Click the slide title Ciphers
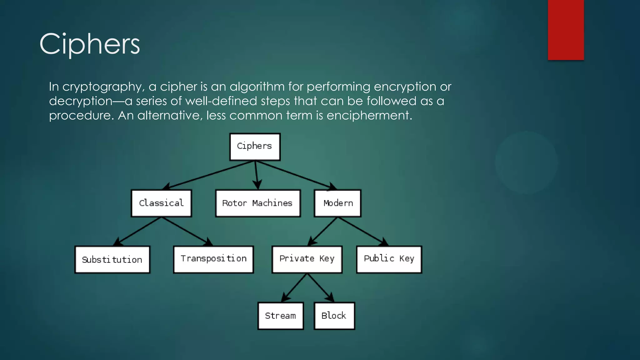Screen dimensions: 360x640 (90, 44)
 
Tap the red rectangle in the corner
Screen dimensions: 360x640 (566, 30)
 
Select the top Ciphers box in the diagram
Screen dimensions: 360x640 (255, 147)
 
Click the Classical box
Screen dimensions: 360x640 (161, 203)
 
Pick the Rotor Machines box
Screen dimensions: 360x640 (258, 203)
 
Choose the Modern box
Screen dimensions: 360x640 (337, 203)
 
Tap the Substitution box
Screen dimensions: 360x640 (112, 259)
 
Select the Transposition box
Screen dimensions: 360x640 (213, 259)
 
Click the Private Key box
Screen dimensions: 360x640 (307, 259)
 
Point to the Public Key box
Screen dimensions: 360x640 (389, 259)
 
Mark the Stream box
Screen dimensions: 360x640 (281, 316)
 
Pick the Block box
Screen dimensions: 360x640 (334, 316)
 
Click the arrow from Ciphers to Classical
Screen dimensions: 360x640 (209, 175)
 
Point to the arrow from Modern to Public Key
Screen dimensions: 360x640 (362, 231)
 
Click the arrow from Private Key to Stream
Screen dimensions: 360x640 (294, 288)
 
